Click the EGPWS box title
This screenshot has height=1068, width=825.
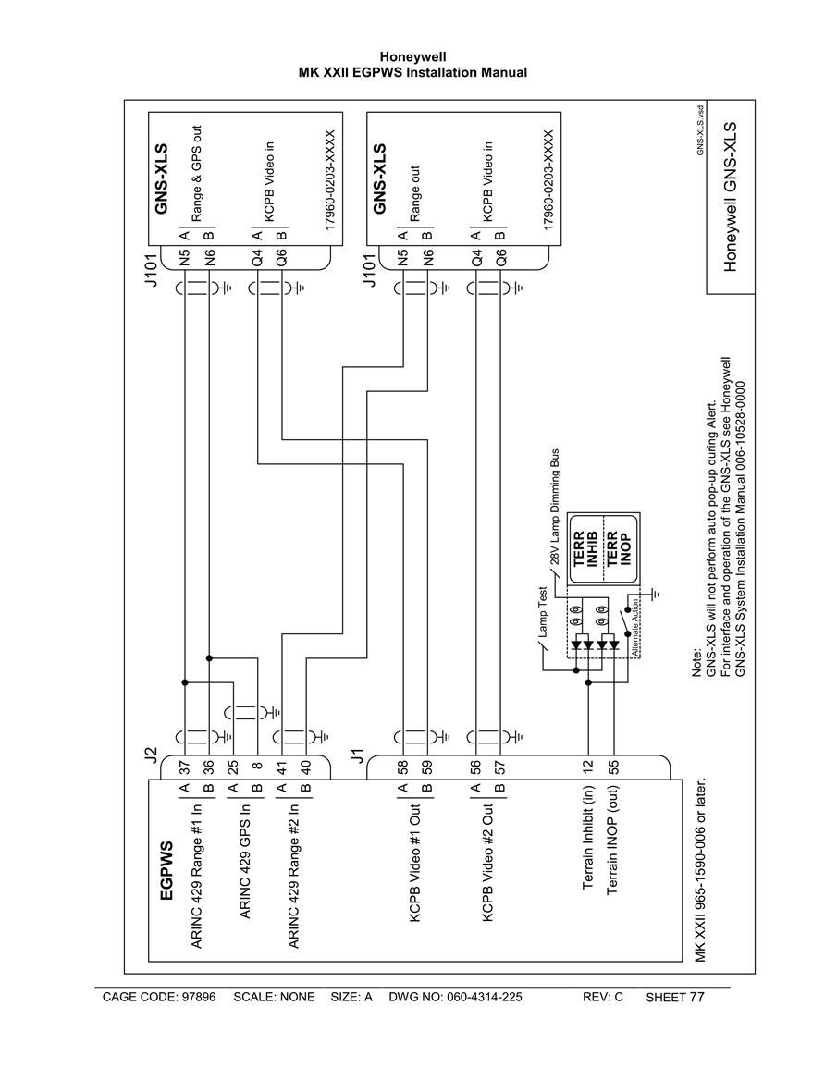click(166, 870)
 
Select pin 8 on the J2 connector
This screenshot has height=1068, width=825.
click(257, 767)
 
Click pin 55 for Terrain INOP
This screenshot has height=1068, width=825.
click(614, 767)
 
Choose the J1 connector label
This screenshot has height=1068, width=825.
click(356, 755)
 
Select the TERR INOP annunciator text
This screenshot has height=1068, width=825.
click(620, 549)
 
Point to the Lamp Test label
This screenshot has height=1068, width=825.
click(543, 611)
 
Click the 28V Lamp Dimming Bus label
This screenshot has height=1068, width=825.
click(555, 506)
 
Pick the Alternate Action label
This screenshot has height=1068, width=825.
click(634, 627)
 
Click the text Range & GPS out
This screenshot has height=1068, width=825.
click(196, 173)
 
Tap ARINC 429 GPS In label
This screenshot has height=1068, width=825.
click(245, 861)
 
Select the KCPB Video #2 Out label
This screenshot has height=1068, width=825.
click(487, 863)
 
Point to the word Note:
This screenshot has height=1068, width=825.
click(696, 662)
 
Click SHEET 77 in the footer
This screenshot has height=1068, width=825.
click(674, 997)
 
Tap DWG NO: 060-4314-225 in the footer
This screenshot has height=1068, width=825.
click(455, 997)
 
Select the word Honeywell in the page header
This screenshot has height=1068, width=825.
click(412, 57)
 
